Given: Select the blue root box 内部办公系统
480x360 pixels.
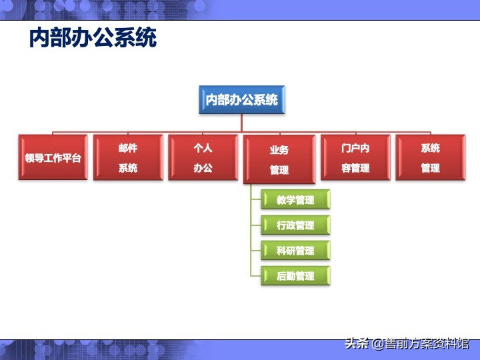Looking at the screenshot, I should click(x=241, y=100).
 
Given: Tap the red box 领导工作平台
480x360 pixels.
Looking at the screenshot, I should click(x=53, y=158).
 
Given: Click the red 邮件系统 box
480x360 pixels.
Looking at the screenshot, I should click(x=128, y=158).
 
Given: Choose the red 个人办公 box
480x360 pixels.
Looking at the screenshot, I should click(x=203, y=158).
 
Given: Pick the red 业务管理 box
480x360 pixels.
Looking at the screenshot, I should click(x=279, y=160).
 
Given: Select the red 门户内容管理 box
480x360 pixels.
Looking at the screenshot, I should click(x=355, y=158).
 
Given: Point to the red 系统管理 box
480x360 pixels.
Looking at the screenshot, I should click(x=430, y=158).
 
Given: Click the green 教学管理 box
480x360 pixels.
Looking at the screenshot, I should click(x=295, y=200).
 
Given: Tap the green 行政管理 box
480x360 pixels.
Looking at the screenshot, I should click(x=295, y=225).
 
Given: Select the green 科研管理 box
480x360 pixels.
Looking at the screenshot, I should click(x=295, y=251).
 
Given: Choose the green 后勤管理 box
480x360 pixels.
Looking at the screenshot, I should click(x=295, y=275).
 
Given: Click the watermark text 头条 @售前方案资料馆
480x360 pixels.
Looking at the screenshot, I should click(x=407, y=344).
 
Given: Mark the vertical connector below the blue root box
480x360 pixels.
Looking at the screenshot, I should click(x=241, y=123).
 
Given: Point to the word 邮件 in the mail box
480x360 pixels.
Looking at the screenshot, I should click(x=128, y=148).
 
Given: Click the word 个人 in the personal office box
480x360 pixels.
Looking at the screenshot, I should click(x=203, y=148).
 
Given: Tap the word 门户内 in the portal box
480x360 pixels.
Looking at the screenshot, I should click(x=355, y=148).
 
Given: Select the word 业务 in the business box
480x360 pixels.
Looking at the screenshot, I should click(x=279, y=150).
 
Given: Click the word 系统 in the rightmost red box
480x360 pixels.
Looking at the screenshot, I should click(x=430, y=148).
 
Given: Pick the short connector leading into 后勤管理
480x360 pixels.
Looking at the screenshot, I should click(x=256, y=275).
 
